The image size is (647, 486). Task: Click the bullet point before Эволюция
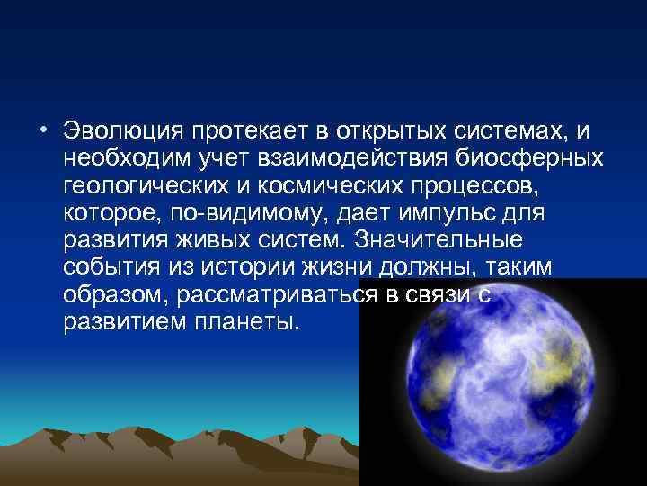(x=44, y=131)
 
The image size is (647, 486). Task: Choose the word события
(x=109, y=267)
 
